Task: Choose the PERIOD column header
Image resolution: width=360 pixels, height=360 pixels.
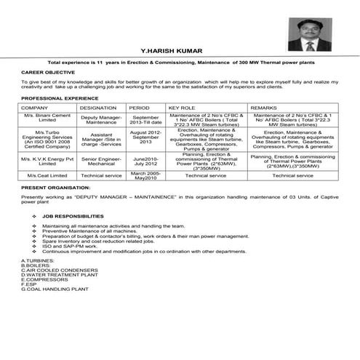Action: tap(139, 108)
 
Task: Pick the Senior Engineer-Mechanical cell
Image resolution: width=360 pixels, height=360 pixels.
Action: tap(101, 161)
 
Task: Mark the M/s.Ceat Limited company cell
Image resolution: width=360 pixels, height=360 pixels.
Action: tap(47, 175)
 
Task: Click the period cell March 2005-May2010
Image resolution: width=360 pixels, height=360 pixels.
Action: tap(145, 175)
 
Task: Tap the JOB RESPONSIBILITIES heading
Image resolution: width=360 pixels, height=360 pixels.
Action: tap(73, 217)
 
